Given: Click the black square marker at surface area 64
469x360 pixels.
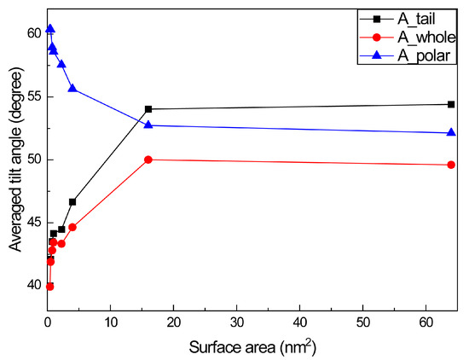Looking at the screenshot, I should click(451, 104).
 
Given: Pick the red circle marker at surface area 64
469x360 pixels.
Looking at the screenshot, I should click(451, 165).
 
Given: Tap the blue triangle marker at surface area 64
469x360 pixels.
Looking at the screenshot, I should click(451, 132).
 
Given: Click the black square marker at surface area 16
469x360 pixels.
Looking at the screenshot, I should click(148, 109).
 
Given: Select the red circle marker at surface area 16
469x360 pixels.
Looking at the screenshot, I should click(148, 160).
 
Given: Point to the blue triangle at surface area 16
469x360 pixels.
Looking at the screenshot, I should click(148, 125).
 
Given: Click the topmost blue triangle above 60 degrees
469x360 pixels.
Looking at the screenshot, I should click(49, 29).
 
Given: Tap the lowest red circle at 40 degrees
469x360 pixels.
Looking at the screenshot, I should click(49, 287).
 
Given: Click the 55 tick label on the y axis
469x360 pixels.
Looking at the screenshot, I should click(32, 96).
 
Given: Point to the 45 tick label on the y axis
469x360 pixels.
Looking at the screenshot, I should click(32, 223).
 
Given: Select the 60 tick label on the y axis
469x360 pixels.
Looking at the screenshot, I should click(32, 32).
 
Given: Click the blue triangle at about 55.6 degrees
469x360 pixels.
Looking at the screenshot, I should click(72, 88).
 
